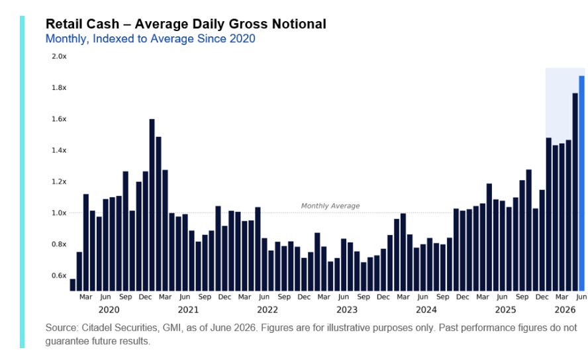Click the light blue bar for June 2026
pos(581,183)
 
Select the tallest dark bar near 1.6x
pos(152,205)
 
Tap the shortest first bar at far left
pos(73,285)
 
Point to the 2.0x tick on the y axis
pos(59,56)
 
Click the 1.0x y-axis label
pos(59,213)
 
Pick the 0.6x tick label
pos(59,276)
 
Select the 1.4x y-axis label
pos(59,151)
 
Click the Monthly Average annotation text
pos(330,206)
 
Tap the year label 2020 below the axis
pos(109,310)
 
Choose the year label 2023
pos(347,310)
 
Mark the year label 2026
pos(565,310)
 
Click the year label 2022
pos(268,310)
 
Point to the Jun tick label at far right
pos(581,297)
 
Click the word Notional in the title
pos(299,24)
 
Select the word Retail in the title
pos(64,24)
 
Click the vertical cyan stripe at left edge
pos(22,182)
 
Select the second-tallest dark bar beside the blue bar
pos(575,192)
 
